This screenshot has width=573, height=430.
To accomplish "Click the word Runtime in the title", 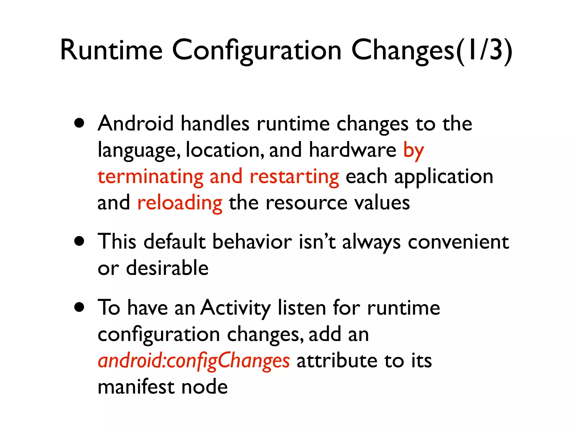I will [111, 50].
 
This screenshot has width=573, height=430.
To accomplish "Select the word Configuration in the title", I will [257, 50].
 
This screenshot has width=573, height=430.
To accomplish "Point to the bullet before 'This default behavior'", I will [79, 241].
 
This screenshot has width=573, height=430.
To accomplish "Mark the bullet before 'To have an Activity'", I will [79, 307].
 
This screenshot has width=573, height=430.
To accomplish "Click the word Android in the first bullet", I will [136, 123].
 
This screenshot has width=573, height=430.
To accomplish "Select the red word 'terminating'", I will [151, 177].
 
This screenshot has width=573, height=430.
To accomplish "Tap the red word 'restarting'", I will [294, 177].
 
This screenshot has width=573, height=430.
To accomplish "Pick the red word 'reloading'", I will [180, 203].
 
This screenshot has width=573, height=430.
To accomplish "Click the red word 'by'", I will [414, 150].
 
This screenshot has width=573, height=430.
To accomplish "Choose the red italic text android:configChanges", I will [194, 361].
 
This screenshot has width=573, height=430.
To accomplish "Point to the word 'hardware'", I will [353, 150].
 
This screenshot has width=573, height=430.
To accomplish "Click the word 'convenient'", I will [458, 242].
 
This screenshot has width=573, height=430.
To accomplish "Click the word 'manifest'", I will [136, 387].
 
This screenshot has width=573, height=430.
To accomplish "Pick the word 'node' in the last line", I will [205, 387].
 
